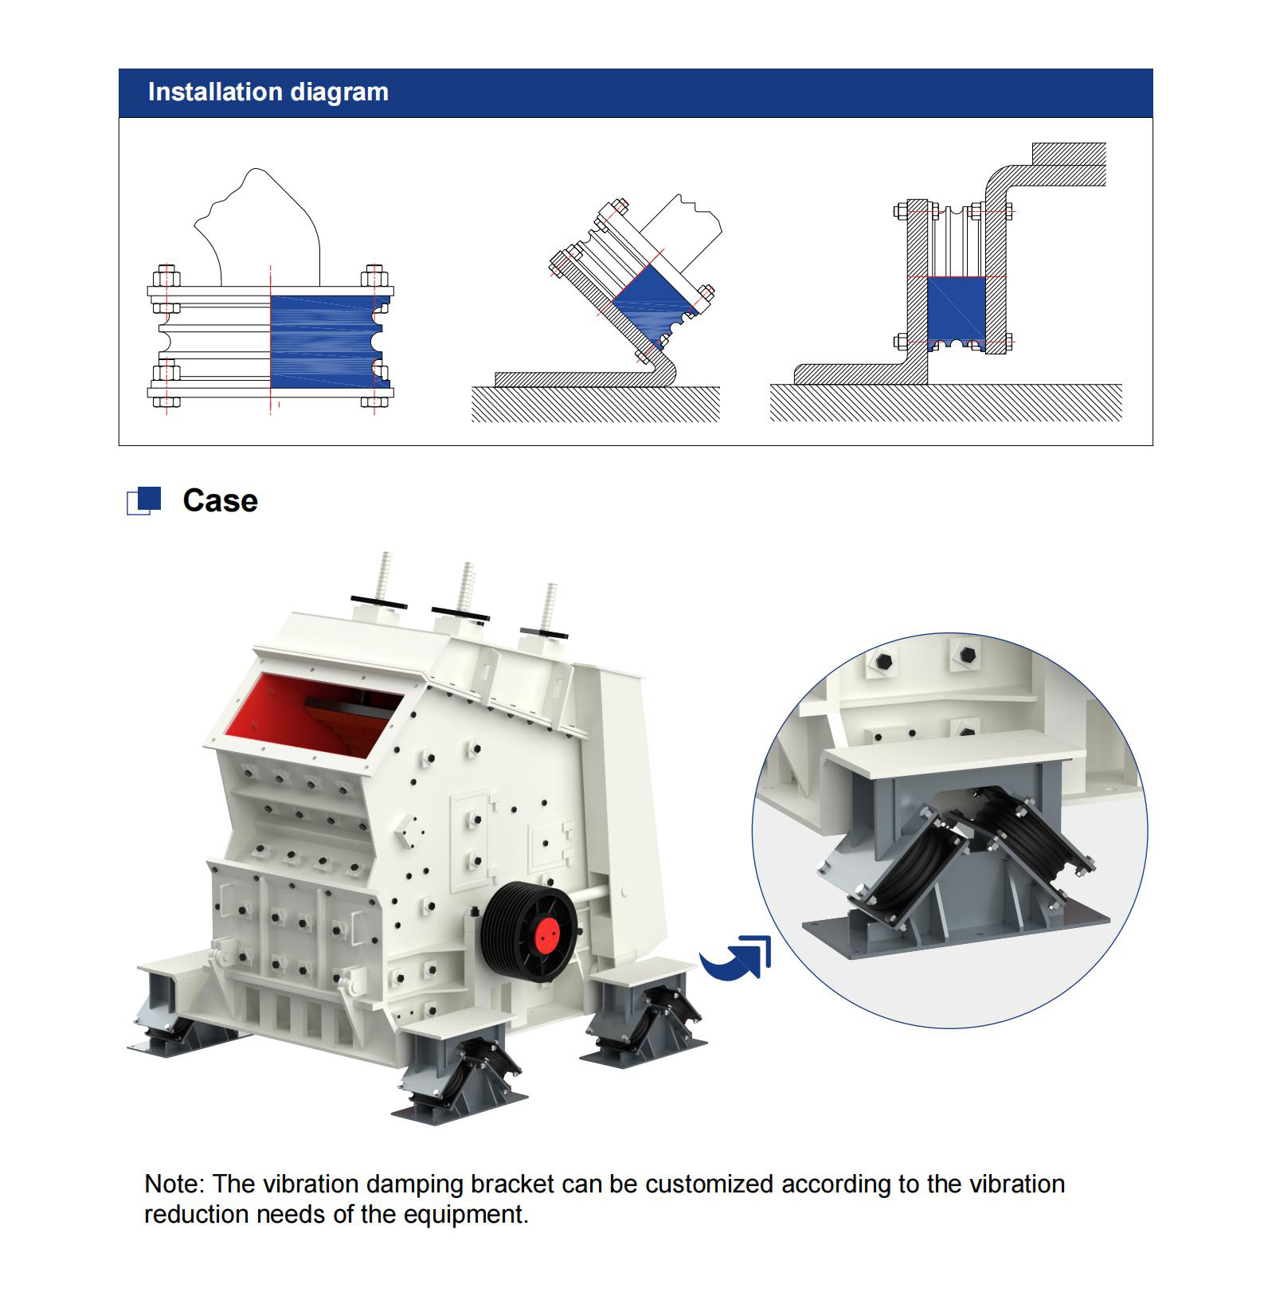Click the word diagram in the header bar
339,93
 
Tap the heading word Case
220,501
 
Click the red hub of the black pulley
547,934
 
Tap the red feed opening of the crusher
311,713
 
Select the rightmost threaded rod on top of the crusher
549,608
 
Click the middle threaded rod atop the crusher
465,588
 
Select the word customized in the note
709,1184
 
